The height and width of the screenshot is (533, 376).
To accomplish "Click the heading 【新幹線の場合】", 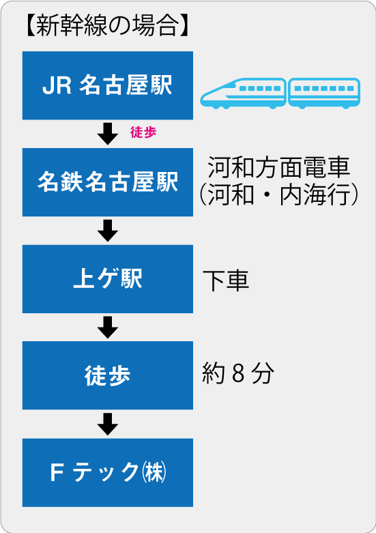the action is coord(107,25).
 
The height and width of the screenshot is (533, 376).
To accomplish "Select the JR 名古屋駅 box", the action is coord(108,85).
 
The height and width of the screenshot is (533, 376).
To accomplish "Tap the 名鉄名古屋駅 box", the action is coord(108,182).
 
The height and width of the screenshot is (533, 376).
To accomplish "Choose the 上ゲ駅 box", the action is coord(108,278).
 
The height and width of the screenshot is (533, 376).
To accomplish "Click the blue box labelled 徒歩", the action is coord(108,375).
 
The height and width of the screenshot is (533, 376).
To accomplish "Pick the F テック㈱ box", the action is coord(108,472).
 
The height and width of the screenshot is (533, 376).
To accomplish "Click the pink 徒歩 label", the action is coord(143,132).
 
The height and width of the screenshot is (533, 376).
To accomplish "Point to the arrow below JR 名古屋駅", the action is coord(108,134).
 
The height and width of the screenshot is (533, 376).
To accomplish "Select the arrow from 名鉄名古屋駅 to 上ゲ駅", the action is coord(108,231).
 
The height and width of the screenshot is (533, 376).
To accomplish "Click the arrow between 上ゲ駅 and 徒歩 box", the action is coord(108,328).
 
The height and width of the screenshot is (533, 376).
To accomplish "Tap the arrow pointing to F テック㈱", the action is coord(108,424).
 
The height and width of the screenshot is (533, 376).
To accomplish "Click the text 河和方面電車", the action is coord(278,167).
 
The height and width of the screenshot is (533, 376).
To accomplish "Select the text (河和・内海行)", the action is coord(278,195).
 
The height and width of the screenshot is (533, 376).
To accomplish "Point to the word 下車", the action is coord(226,280).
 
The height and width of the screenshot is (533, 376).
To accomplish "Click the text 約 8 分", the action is coord(237,373).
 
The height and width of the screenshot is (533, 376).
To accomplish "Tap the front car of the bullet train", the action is coord(243,93).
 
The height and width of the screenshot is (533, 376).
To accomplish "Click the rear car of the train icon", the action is coord(324,93).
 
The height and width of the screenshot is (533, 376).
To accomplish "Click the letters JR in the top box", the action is coord(57,85).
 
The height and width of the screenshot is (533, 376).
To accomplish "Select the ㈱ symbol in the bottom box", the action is coord(155,472).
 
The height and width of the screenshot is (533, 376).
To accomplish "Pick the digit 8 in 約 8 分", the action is coord(238,373).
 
